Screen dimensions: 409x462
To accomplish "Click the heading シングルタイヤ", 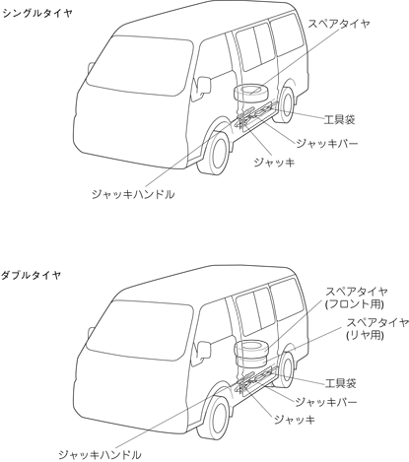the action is [36, 13].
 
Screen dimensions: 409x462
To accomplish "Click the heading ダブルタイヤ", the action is [32, 275].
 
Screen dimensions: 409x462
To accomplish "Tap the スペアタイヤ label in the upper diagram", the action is [339, 24].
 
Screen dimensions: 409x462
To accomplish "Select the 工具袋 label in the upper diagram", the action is [339, 119].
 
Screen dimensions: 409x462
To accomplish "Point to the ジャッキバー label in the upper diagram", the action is [326, 144].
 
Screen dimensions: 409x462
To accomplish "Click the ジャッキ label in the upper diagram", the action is [274, 163].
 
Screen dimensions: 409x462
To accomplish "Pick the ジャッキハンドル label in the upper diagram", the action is [133, 194].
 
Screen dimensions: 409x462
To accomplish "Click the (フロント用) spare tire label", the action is [355, 304].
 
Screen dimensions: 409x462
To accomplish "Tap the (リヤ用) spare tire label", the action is [365, 335].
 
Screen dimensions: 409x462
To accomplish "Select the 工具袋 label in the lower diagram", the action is [340, 383].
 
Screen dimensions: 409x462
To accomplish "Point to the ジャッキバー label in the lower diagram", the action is [326, 402].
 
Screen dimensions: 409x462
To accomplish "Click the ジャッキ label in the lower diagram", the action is [295, 420].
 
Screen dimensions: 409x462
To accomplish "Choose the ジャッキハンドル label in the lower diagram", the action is [100, 455].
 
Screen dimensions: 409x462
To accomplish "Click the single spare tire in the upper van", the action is [251, 93].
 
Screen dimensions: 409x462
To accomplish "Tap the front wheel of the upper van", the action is [215, 153].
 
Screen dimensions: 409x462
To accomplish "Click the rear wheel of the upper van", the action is [285, 104].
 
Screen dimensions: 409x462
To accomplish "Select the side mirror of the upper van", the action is [203, 86].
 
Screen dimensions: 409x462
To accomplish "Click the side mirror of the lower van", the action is [203, 351].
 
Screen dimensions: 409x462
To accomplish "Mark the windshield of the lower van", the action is [140, 330].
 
